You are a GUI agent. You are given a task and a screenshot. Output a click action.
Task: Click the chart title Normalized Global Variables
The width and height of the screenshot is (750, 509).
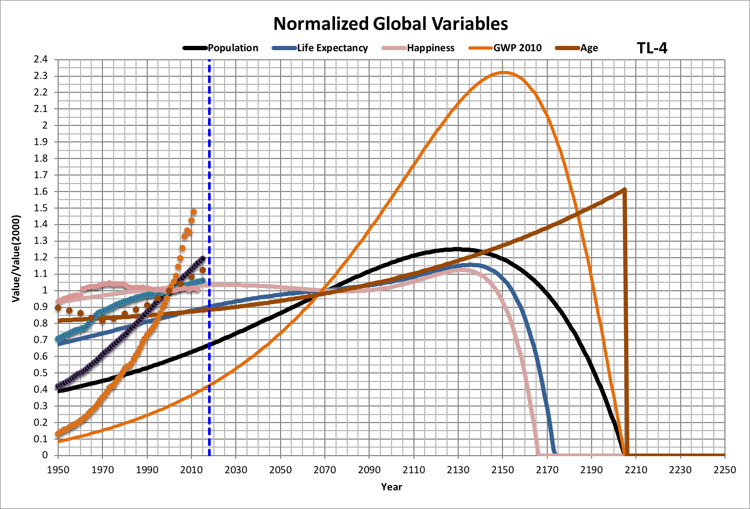[x=390, y=23]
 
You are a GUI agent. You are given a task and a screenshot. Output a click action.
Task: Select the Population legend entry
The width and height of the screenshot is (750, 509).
[x=220, y=48]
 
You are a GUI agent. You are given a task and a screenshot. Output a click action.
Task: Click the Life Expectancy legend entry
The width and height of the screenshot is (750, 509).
[x=320, y=48]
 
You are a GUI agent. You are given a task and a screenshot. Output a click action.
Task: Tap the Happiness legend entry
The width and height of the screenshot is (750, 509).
[x=418, y=48]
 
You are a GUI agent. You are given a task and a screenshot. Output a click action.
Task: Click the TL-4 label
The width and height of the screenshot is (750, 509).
[x=652, y=48]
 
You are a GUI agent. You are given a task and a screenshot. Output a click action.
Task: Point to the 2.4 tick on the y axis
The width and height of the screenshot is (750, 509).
[x=41, y=59]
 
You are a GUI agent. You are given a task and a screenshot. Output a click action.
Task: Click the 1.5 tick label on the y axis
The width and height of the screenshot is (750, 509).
[x=41, y=208]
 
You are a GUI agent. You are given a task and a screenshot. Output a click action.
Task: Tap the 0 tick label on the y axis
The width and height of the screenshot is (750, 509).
[x=45, y=455]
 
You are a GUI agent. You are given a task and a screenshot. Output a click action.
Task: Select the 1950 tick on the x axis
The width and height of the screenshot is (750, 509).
[x=58, y=470]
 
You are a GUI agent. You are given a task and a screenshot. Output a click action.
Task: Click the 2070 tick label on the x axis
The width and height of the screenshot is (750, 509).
[x=325, y=470]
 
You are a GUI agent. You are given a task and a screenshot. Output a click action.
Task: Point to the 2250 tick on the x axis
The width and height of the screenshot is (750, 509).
[x=724, y=470]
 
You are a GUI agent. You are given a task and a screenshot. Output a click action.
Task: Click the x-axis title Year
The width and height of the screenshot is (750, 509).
[x=392, y=487]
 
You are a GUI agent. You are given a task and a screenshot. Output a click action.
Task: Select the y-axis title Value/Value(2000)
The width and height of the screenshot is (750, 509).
[x=17, y=258]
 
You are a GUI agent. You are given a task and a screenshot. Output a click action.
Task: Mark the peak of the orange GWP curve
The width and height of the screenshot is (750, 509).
[x=502, y=73]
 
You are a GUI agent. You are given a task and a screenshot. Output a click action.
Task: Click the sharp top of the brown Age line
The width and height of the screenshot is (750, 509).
[x=624, y=189]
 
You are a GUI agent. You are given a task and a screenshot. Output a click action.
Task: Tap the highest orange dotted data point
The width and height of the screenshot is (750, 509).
[x=194, y=212]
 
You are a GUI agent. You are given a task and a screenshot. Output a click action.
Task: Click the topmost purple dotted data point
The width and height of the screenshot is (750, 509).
[x=203, y=259]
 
